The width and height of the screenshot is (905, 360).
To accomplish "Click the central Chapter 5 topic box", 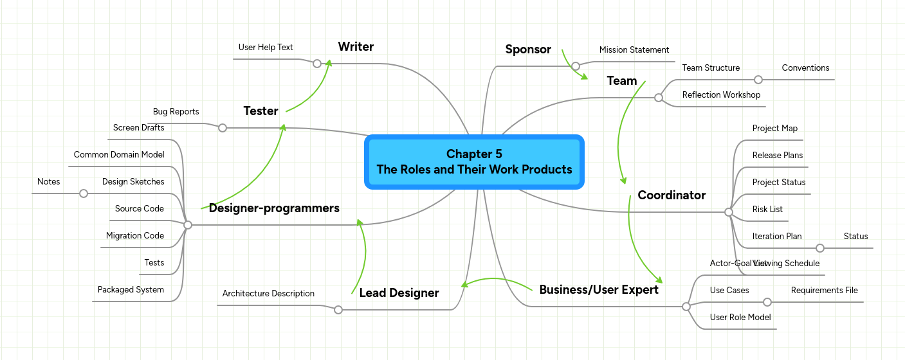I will pyautogui.click(x=474, y=162).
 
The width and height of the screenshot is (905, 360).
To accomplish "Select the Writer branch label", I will pyautogui.click(x=356, y=46).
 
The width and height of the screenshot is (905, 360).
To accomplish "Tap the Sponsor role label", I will pyautogui.click(x=528, y=49).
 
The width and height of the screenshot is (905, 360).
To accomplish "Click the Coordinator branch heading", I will pyautogui.click(x=672, y=195).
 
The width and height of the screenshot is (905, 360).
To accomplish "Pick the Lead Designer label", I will pyautogui.click(x=399, y=292).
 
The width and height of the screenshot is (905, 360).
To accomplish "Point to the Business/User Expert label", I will pyautogui.click(x=598, y=289).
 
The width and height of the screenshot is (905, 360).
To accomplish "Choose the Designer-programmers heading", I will pyautogui.click(x=274, y=208).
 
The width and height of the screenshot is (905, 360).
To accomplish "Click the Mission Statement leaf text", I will pyautogui.click(x=634, y=50).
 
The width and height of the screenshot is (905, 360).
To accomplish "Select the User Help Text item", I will pyautogui.click(x=266, y=47).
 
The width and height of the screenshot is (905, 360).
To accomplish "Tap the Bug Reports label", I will pyautogui.click(x=176, y=111).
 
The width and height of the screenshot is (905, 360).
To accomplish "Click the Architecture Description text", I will pyautogui.click(x=268, y=293).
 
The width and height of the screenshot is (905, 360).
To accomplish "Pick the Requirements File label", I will pyautogui.click(x=824, y=290).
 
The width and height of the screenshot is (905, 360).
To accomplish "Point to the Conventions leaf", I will pyautogui.click(x=805, y=67).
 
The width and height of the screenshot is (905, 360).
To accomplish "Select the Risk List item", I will pyautogui.click(x=767, y=209).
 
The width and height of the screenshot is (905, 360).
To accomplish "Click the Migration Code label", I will pyautogui.click(x=135, y=235).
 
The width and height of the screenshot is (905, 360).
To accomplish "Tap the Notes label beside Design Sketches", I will pyautogui.click(x=48, y=181).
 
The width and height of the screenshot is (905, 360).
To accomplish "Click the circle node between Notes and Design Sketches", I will pyautogui.click(x=83, y=194).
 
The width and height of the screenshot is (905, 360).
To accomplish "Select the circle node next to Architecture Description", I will pyautogui.click(x=338, y=310).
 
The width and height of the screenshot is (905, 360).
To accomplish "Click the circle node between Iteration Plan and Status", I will pyautogui.click(x=819, y=248).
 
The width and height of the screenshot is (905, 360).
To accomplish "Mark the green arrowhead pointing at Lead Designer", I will pyautogui.click(x=462, y=284).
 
